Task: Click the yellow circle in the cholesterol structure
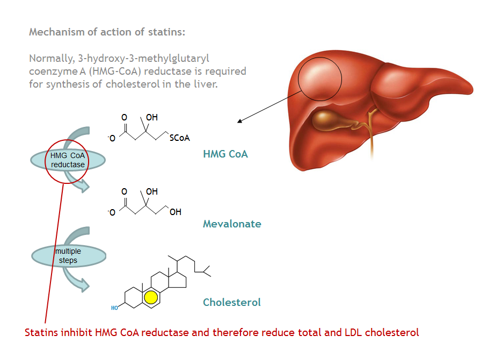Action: pyautogui.click(x=150, y=297)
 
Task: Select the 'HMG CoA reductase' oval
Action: pyautogui.click(x=68, y=160)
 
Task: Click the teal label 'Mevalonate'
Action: pyautogui.click(x=232, y=224)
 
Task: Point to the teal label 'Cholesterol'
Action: pyautogui.click(x=232, y=302)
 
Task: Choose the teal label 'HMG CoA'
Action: pyautogui.click(x=225, y=154)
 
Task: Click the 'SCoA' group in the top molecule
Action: pyautogui.click(x=179, y=138)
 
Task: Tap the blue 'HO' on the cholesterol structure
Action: pyautogui.click(x=114, y=308)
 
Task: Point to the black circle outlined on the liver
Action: pyautogui.click(x=320, y=79)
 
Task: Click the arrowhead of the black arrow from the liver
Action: pyautogui.click(x=240, y=122)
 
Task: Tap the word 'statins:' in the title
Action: pyautogui.click(x=166, y=32)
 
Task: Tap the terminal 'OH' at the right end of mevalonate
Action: pyautogui.click(x=175, y=212)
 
